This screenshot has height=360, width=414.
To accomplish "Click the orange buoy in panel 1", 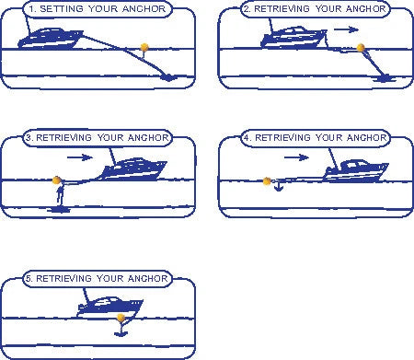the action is [x=144, y=47].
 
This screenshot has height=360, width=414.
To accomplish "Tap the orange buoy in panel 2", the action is [x=361, y=48].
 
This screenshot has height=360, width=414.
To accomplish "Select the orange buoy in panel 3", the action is [x=56, y=180].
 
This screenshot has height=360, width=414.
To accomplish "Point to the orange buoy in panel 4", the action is [x=267, y=181].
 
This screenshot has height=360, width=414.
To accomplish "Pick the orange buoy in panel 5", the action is [x=121, y=318].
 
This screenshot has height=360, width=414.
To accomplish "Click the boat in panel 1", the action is [x=51, y=38].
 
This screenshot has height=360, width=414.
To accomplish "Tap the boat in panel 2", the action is [x=293, y=37].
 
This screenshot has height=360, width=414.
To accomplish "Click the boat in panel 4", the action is [x=356, y=170].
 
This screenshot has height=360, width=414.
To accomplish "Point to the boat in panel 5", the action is [x=109, y=307].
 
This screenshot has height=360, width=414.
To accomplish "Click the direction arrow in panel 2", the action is [x=346, y=29].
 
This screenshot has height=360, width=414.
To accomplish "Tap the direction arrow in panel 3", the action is [x=80, y=157].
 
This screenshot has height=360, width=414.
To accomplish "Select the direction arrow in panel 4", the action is [x=296, y=157].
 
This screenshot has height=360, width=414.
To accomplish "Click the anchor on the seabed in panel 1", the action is [x=168, y=77].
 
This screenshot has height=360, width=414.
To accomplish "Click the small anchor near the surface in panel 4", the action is [x=278, y=186].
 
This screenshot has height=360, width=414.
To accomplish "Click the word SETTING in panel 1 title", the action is [x=62, y=8].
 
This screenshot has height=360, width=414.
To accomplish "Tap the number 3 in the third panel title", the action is [x=29, y=137].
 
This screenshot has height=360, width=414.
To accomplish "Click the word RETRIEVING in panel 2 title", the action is [x=282, y=8].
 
